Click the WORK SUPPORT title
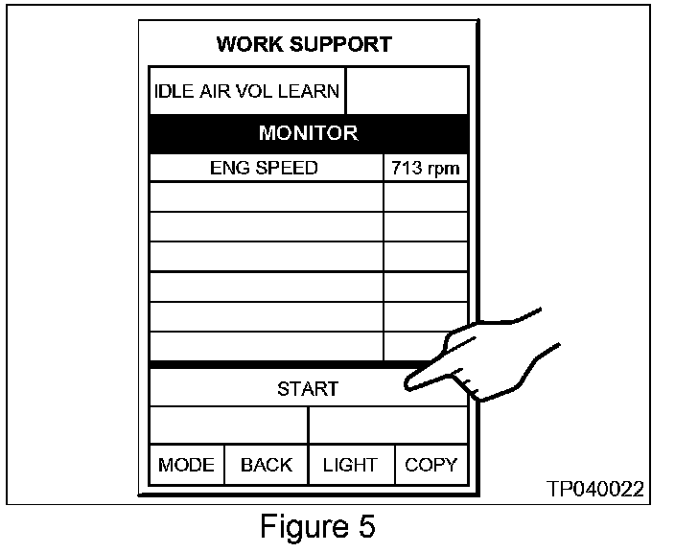(303, 44)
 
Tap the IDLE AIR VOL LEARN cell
(246, 92)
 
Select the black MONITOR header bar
(309, 133)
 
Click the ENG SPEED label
(264, 169)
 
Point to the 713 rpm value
(426, 170)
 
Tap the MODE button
(186, 465)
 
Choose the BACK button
(266, 465)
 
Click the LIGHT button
(350, 465)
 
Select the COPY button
(431, 465)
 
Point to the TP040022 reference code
(595, 490)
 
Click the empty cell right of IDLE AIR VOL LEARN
(407, 92)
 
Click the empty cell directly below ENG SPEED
(266, 196)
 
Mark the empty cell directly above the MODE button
(228, 425)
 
